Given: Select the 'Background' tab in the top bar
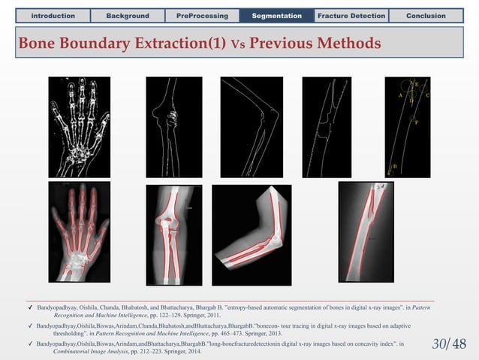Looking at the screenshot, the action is pyautogui.click(x=127, y=15).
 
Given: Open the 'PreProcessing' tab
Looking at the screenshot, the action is pyautogui.click(x=202, y=15).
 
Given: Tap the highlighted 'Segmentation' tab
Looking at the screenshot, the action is pyautogui.click(x=277, y=15).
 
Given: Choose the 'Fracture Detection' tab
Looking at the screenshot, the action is pyautogui.click(x=351, y=15).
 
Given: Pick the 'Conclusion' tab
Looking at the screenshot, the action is pyautogui.click(x=426, y=15).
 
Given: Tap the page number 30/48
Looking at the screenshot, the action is pyautogui.click(x=450, y=343).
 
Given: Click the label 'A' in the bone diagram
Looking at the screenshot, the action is pyautogui.click(x=401, y=95).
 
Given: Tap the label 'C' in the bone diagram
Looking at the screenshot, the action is pyautogui.click(x=427, y=95).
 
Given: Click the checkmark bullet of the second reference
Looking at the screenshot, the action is pyautogui.click(x=29, y=327).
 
